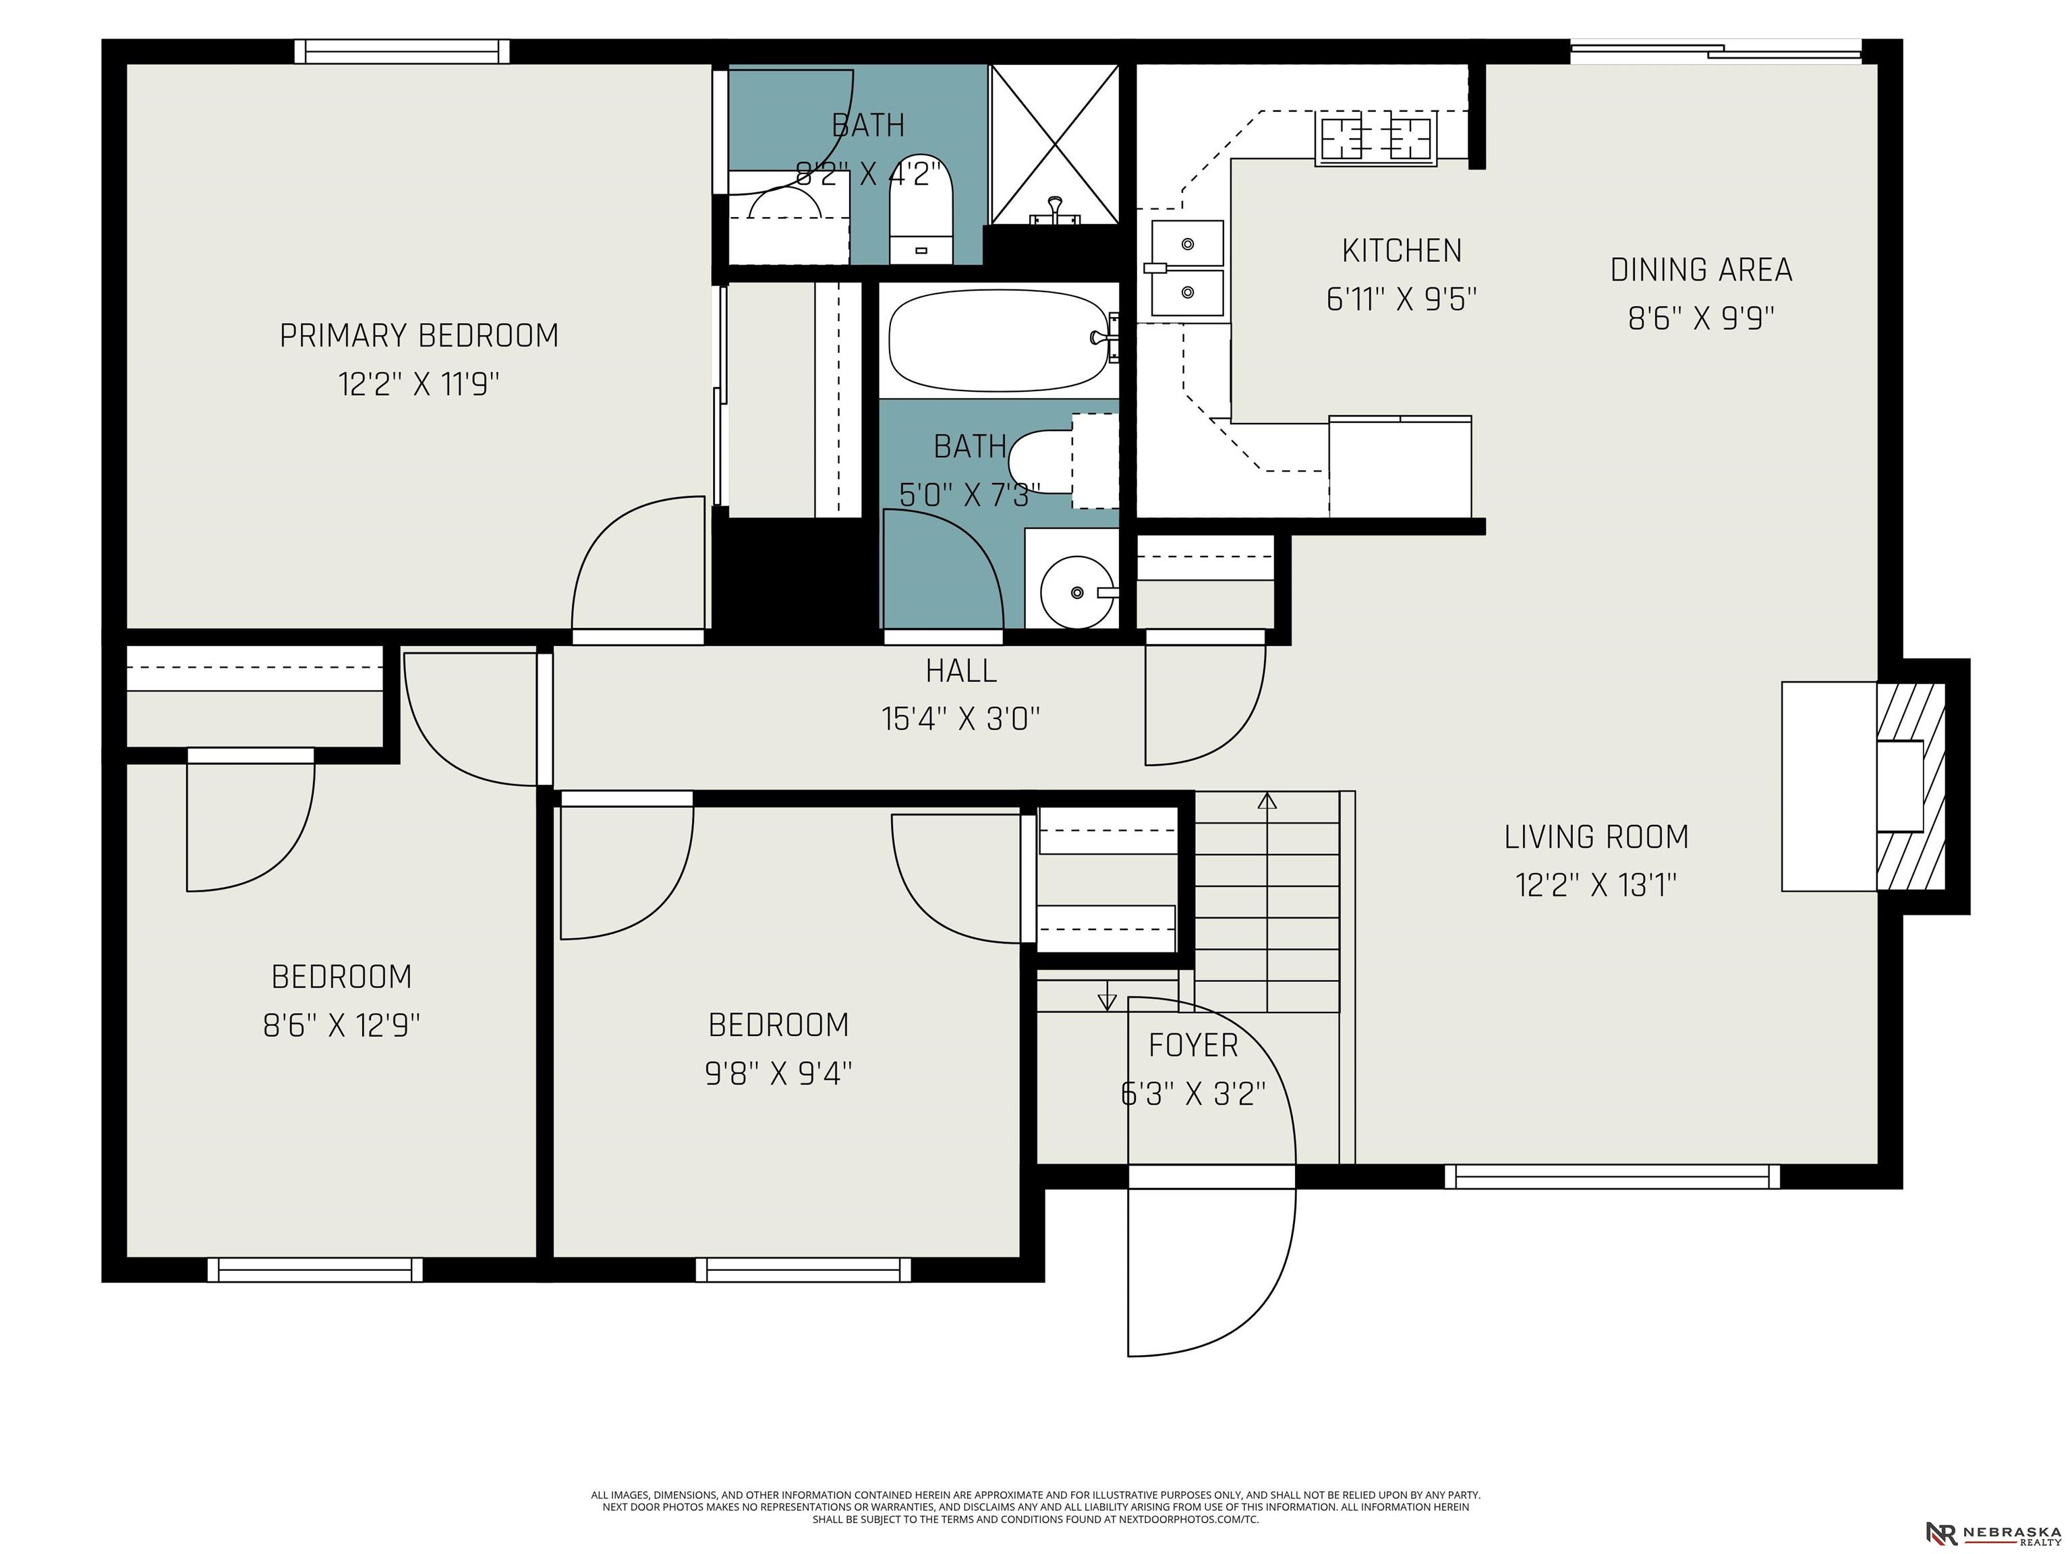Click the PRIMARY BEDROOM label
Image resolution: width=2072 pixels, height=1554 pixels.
(419, 335)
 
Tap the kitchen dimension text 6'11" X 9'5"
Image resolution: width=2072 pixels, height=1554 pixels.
(1402, 299)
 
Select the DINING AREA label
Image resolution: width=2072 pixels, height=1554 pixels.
(1701, 270)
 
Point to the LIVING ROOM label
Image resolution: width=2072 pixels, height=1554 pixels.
(1596, 836)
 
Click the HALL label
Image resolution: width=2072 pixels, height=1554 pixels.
(961, 670)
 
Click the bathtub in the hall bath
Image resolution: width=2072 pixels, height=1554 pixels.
(998, 339)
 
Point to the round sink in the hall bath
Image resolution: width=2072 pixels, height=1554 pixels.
(1077, 592)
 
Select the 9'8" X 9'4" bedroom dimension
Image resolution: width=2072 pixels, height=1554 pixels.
(778, 1072)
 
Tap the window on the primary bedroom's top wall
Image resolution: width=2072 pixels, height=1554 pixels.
(402, 51)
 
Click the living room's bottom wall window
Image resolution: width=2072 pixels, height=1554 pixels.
(1611, 1176)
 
